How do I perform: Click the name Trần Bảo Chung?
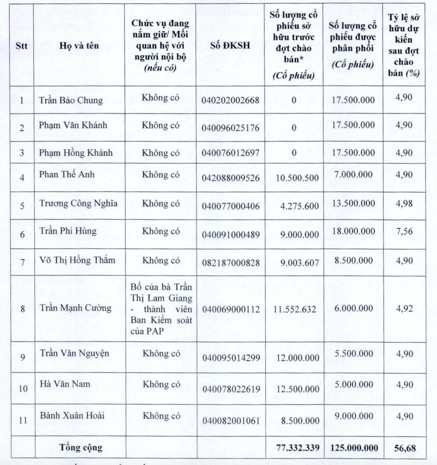click(71, 100)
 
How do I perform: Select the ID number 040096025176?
click(231, 128)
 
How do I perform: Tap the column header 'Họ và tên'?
click(79, 46)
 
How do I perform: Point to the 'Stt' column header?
click(22, 46)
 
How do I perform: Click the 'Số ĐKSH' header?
click(230, 46)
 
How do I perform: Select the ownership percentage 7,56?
click(404, 231)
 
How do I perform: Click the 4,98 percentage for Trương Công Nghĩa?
click(404, 204)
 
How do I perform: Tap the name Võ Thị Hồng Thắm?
click(77, 261)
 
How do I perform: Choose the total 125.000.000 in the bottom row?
click(354, 448)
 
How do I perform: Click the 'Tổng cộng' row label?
click(81, 447)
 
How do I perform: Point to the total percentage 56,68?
click(405, 448)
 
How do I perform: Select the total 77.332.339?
click(298, 448)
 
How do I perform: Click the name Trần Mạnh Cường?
click(76, 308)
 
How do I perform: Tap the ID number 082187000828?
click(231, 263)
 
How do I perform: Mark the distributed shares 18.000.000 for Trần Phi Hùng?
click(353, 231)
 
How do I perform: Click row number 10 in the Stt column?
click(23, 388)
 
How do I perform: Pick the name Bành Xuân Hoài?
click(72, 416)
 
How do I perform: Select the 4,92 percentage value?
click(404, 309)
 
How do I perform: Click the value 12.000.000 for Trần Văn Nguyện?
click(298, 358)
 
